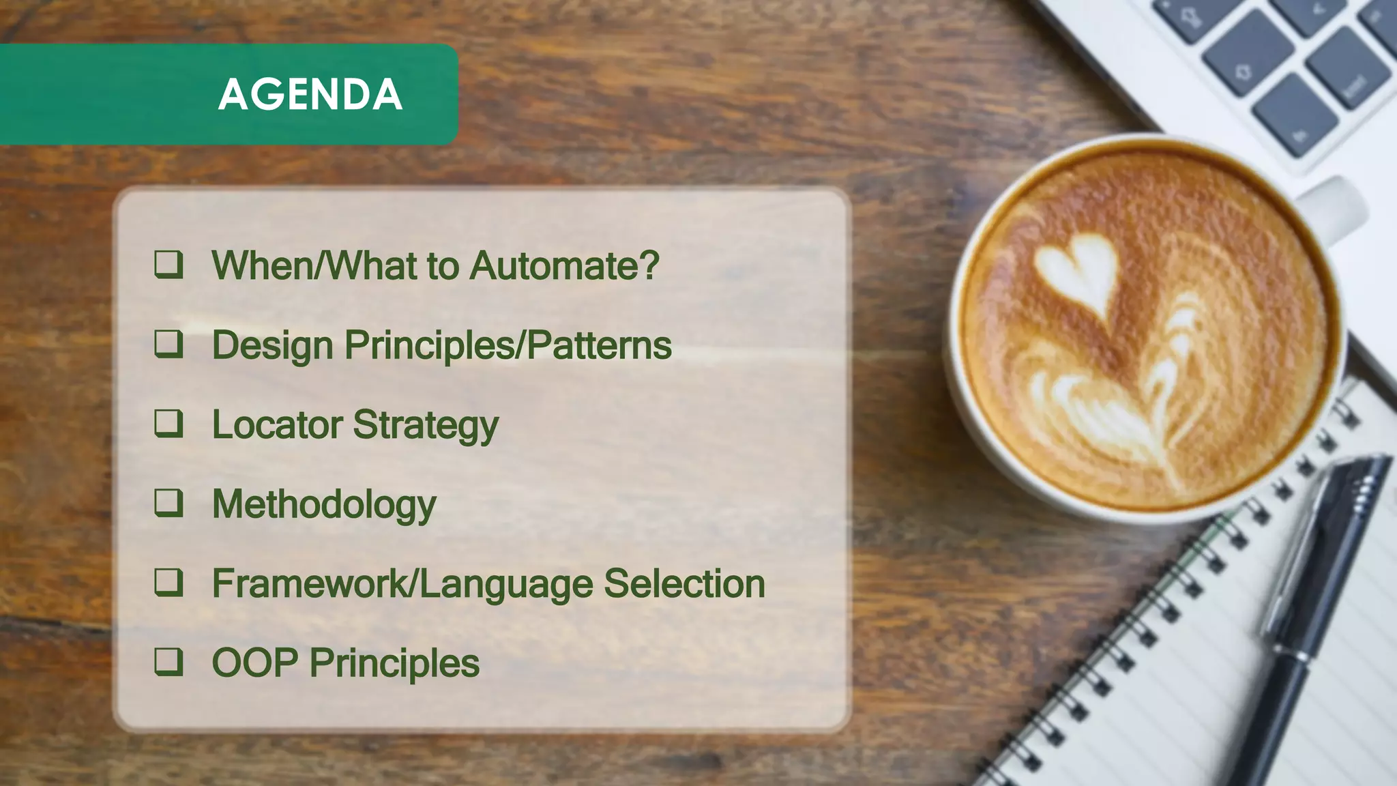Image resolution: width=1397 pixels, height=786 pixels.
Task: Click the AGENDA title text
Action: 310,94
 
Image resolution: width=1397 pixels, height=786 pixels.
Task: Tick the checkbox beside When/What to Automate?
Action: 168,264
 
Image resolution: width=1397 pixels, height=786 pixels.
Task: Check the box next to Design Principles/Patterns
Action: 168,344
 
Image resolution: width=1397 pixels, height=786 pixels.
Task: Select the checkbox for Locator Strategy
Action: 168,423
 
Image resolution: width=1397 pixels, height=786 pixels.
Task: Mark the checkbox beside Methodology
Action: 168,503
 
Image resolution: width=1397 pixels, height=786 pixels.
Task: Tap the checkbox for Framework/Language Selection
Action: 168,583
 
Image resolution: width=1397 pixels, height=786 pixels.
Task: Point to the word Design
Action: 272,346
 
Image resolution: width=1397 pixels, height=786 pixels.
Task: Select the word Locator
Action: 277,424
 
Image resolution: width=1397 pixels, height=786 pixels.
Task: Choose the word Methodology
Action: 324,506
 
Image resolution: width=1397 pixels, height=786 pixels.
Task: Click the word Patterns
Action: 600,345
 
